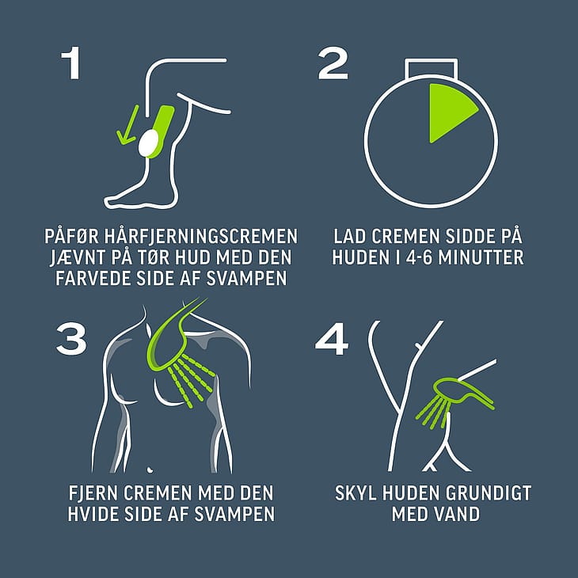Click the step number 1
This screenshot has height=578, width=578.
pyautogui.click(x=71, y=63)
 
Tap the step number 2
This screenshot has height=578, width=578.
pyautogui.click(x=333, y=63)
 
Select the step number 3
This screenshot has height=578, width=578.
pyautogui.click(x=71, y=339)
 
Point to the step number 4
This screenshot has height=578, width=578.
pyautogui.click(x=332, y=339)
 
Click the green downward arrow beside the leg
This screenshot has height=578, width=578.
pyautogui.click(x=127, y=125)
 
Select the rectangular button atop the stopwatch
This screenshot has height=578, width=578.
pyautogui.click(x=432, y=69)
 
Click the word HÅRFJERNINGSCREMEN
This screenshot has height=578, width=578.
pyautogui.click(x=200, y=236)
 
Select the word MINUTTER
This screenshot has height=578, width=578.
pyautogui.click(x=481, y=257)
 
